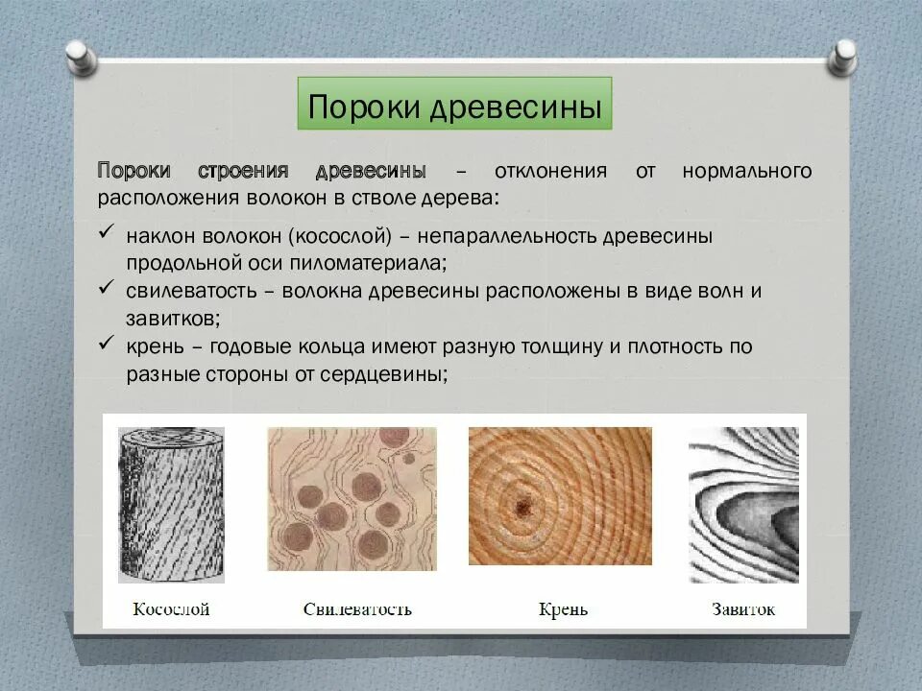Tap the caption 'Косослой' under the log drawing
tap(171, 609)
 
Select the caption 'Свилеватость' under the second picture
tap(357, 609)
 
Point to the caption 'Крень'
tap(563, 609)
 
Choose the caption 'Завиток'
tap(743, 609)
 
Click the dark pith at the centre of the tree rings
tap(524, 504)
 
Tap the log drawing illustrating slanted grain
tap(171, 504)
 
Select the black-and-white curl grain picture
tap(743, 505)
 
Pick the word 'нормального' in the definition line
tap(747, 172)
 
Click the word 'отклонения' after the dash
tap(550, 172)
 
